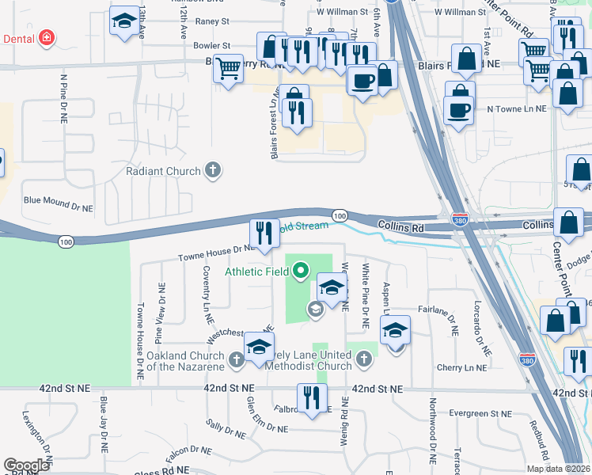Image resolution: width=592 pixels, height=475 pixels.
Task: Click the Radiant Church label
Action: [165, 171]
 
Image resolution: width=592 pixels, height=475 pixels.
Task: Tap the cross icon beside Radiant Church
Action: [212, 169]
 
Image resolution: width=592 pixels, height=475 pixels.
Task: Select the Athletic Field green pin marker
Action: [300, 272]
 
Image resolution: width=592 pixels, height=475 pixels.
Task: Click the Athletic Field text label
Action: [258, 272]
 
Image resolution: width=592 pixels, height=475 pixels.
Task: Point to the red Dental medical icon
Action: [47, 37]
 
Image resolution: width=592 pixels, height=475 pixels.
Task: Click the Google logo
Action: [26, 465]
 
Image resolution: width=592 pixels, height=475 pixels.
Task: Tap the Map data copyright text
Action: [558, 469]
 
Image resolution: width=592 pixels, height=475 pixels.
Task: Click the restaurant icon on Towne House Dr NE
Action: [265, 234]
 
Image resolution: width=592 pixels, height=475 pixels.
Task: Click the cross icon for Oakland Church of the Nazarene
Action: [236, 361]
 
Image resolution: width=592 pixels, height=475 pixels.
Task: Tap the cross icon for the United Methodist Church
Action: [363, 359]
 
